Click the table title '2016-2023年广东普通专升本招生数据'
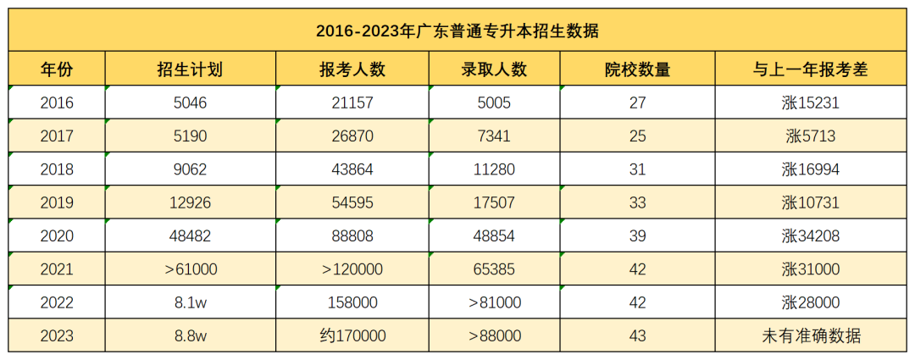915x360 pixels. coord(457,31)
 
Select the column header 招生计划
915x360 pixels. coord(191,69)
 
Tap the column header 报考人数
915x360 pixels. coord(352,69)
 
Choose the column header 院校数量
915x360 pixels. coord(638,69)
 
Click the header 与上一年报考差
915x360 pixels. coord(811,69)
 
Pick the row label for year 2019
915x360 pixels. coord(57,202)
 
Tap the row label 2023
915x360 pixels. coord(57,336)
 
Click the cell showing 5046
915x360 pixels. coord(191,103)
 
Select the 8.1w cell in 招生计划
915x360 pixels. coord(191,303)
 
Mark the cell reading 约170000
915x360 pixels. coord(352,336)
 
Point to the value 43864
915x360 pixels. coord(352,169)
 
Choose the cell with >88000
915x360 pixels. coord(495,336)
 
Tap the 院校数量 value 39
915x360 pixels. coord(638,236)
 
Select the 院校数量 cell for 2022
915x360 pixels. coord(638,303)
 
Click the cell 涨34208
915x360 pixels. coord(811,236)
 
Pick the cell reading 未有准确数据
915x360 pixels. coord(811,336)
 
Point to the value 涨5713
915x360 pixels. coord(811,136)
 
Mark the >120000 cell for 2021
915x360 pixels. coord(352,269)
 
